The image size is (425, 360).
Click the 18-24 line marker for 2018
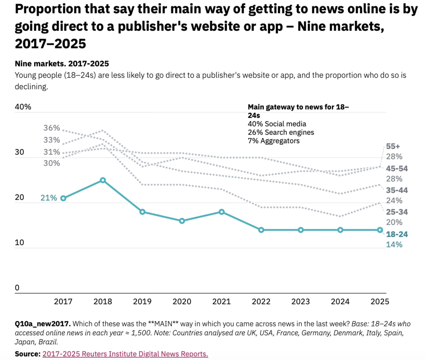103,180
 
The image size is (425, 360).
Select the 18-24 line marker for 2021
221,212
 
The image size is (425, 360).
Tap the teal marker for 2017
63,198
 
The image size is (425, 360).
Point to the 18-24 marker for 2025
380,230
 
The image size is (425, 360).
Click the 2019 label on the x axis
142,302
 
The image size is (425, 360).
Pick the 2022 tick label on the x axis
261,302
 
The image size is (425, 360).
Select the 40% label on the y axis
23,107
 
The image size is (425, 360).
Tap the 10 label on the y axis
19,242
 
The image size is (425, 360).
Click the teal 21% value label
48,198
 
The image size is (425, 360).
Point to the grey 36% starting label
52,128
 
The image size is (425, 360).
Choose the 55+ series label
393,146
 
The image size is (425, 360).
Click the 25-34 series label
397,212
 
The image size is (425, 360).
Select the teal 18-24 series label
397,234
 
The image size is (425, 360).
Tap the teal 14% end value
394,244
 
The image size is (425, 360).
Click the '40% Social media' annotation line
277,124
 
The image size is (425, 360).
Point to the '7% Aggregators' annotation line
274,141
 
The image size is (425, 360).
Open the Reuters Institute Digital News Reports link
125,354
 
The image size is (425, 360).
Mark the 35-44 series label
397,190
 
